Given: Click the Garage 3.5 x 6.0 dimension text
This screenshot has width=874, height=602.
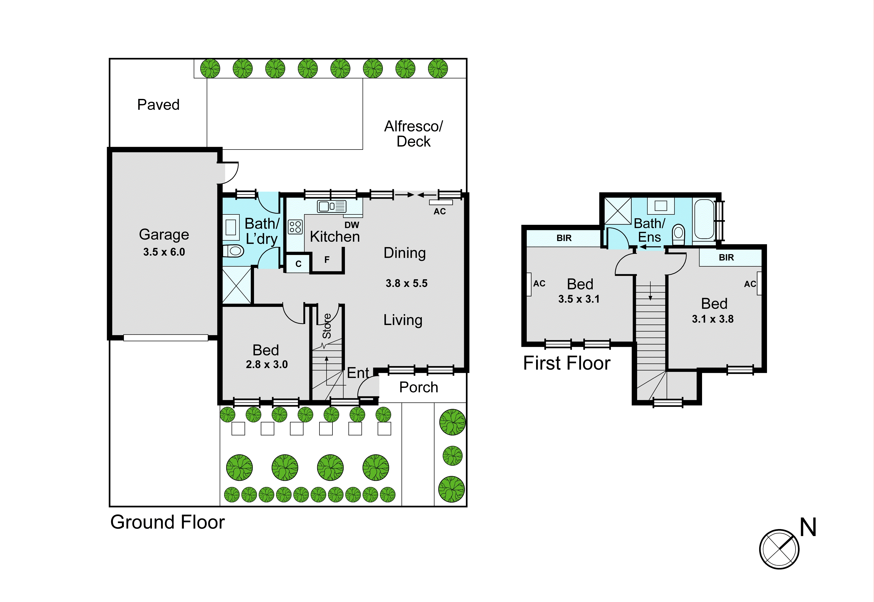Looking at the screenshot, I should (x=164, y=252).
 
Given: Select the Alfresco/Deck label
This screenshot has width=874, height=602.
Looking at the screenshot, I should (x=413, y=133).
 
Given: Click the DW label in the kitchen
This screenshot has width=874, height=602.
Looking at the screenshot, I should (x=351, y=225).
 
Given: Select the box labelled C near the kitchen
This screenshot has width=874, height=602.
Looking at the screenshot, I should (x=298, y=264).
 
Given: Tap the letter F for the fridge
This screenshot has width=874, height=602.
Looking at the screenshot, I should (x=327, y=260).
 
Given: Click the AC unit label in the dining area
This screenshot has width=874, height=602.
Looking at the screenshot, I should (x=440, y=211).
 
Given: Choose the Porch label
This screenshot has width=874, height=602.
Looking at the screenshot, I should (x=418, y=387).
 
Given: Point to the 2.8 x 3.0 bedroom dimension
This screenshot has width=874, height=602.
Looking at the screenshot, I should (x=266, y=364).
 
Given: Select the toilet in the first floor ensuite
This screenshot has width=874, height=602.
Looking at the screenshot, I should (x=678, y=234).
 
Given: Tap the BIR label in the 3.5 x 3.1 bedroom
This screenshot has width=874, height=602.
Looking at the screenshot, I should (x=564, y=238).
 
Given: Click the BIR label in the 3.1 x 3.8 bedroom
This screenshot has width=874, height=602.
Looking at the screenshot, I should (x=726, y=258).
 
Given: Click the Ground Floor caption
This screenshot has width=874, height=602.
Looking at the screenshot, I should (x=167, y=522).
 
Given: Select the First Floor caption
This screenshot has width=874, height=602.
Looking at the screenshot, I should (x=566, y=363).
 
